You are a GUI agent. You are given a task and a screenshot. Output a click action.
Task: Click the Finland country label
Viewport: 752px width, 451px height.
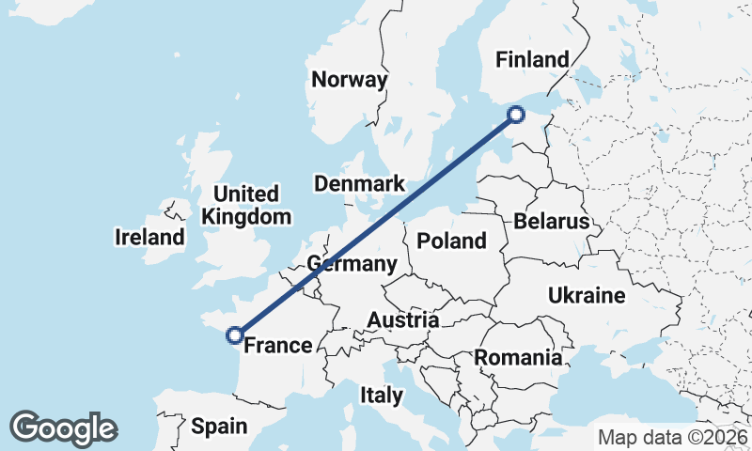pyautogui.click(x=533, y=60)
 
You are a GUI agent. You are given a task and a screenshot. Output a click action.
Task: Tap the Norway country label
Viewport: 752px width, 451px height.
pyautogui.click(x=350, y=80)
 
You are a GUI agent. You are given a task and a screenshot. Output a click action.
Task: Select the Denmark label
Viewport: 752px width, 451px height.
pyautogui.click(x=359, y=184)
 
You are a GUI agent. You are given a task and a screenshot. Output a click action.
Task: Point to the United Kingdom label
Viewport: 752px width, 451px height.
pyautogui.click(x=246, y=206)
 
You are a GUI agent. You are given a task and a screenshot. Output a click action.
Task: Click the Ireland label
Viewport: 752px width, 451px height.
pyautogui.click(x=149, y=237)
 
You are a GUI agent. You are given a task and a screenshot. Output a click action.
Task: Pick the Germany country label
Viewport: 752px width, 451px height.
pyautogui.click(x=352, y=264)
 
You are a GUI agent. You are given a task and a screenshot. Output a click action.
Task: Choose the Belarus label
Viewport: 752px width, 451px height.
pyautogui.click(x=551, y=222)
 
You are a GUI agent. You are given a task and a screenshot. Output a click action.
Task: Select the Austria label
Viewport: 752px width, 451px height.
pyautogui.click(x=402, y=320)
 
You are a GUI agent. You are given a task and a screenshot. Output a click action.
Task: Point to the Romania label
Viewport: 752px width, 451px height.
pyautogui.click(x=518, y=357)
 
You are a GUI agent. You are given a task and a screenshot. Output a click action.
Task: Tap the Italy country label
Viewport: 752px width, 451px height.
pyautogui.click(x=381, y=396)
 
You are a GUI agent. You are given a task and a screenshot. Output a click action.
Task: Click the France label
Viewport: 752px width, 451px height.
pyautogui.click(x=277, y=346)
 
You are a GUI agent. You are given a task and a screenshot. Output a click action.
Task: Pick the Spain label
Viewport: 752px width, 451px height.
pyautogui.click(x=219, y=427)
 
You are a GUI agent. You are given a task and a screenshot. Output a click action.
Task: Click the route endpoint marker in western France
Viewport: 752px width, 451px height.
pyautogui.click(x=235, y=334)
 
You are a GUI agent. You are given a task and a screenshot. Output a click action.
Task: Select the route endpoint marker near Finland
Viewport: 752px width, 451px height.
pyautogui.click(x=515, y=115)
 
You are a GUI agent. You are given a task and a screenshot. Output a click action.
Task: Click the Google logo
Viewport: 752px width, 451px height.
pyautogui.click(x=63, y=428)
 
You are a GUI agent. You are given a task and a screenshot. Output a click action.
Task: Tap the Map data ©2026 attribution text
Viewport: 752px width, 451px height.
pyautogui.click(x=672, y=437)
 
